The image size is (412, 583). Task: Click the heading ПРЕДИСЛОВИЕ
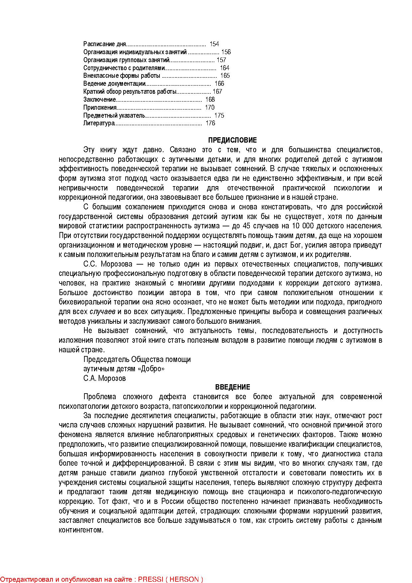point(232,140)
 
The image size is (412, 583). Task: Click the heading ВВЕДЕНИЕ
point(232,387)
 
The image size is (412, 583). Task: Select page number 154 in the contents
point(214,44)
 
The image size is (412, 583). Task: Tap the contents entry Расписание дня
point(105,44)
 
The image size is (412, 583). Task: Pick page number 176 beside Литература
point(210,123)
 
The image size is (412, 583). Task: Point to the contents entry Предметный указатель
point(114,116)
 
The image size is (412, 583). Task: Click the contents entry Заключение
point(99,100)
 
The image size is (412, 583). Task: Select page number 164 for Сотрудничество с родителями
point(225,68)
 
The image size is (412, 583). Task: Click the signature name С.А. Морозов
point(105,378)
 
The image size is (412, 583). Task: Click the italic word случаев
point(103,312)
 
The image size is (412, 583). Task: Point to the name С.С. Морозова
point(108,264)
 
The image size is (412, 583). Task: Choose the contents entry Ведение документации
point(115,84)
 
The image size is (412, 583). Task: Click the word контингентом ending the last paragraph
point(81,530)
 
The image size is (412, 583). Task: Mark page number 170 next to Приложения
point(210,108)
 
